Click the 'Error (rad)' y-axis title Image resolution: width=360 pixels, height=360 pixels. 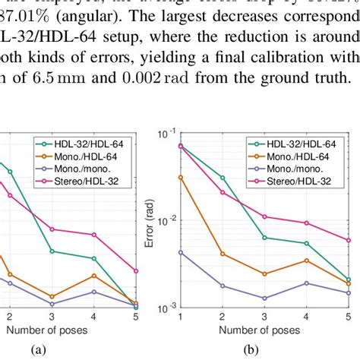tap(157, 219)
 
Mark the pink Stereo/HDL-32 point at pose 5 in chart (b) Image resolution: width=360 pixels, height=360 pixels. tap(349, 240)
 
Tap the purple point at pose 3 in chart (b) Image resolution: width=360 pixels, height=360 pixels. tap(264, 298)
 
